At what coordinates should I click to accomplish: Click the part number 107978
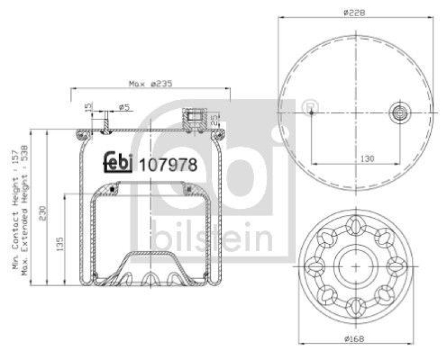(x=167, y=165)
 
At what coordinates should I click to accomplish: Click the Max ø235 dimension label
(x=150, y=84)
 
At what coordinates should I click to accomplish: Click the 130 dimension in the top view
(x=367, y=159)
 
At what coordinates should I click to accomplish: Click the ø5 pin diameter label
(x=125, y=107)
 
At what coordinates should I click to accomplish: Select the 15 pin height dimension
(x=87, y=107)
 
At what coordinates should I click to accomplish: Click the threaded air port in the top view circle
(x=400, y=112)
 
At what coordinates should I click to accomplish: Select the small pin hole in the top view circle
(x=311, y=112)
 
